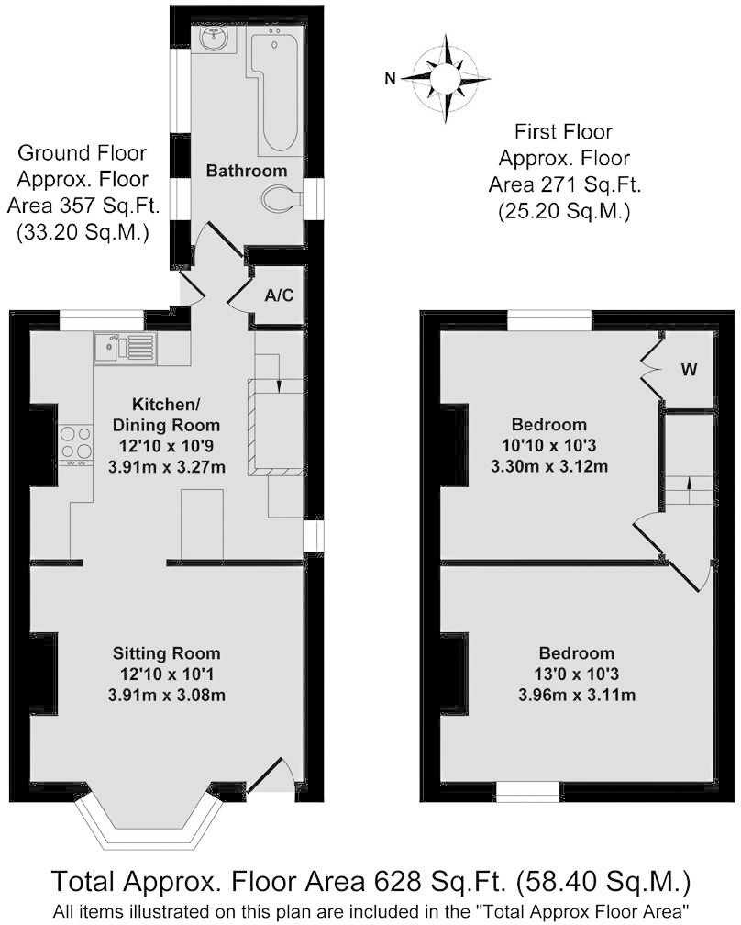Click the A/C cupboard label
(x=279, y=295)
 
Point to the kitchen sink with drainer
(x=125, y=348)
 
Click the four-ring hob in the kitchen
(x=76, y=442)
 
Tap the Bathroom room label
(x=247, y=171)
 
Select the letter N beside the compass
(x=390, y=78)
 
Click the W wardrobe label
(x=689, y=370)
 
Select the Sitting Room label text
(x=167, y=653)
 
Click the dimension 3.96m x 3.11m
(x=577, y=695)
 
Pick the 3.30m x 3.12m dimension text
(x=549, y=466)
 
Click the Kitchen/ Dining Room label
(x=166, y=415)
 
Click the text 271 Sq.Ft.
(x=595, y=185)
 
